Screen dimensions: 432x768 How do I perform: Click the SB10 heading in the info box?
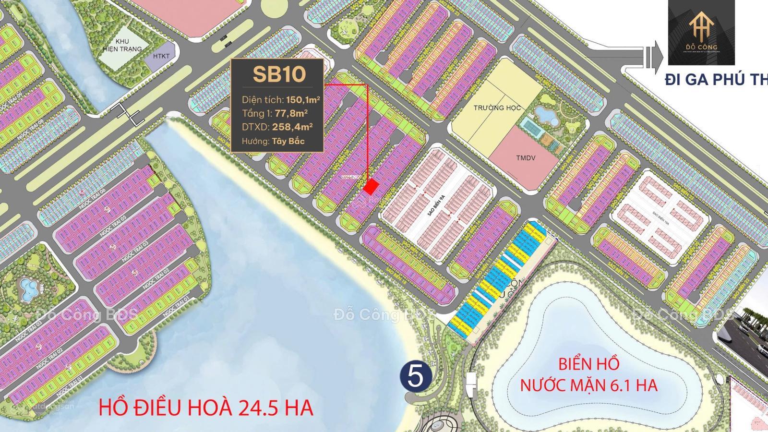click(279, 74)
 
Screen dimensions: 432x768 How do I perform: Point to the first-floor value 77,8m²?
click(291, 113)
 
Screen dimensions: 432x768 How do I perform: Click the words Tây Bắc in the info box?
click(288, 141)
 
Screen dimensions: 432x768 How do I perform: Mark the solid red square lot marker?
click(370, 187)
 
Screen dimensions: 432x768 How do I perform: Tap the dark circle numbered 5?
click(415, 377)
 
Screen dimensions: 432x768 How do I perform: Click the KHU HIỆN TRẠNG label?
click(125, 45)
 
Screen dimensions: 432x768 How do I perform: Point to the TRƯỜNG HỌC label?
click(497, 108)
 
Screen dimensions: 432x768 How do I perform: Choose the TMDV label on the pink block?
click(526, 158)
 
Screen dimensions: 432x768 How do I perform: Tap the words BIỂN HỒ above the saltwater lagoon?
click(588, 364)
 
